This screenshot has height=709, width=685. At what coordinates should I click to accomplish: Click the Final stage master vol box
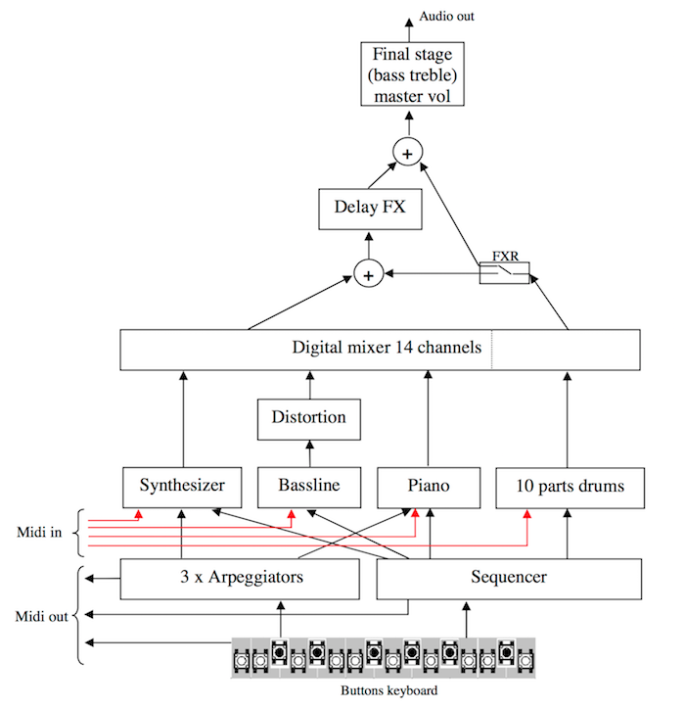[412, 74]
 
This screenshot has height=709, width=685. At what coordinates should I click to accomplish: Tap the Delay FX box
[370, 209]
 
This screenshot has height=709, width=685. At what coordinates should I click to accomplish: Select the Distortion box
[309, 419]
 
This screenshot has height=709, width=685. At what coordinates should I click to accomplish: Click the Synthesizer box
[182, 488]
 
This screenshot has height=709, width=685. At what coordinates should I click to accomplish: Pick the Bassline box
[309, 488]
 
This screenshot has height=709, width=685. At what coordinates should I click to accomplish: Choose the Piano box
[429, 488]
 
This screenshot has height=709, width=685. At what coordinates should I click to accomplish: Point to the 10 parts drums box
[571, 488]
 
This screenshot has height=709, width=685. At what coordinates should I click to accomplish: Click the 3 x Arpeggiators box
[240, 579]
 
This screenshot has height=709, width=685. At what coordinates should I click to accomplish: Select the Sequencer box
[509, 579]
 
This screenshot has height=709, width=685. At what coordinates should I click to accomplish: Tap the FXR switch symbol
[504, 272]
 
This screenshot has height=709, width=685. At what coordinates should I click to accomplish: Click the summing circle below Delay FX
[369, 274]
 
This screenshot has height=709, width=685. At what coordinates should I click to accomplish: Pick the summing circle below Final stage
[408, 152]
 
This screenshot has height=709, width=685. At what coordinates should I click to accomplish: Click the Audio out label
[446, 17]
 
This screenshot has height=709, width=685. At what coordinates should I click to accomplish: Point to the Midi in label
[39, 532]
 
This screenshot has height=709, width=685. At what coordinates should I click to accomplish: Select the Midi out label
[41, 616]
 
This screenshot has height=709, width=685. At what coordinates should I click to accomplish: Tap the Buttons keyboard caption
[389, 690]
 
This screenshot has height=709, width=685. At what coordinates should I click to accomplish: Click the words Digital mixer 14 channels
[387, 348]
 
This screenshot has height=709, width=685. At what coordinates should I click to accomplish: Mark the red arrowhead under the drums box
[526, 514]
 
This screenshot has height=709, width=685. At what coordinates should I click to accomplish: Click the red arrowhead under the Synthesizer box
[139, 514]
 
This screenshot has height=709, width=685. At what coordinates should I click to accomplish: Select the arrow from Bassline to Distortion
[309, 453]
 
